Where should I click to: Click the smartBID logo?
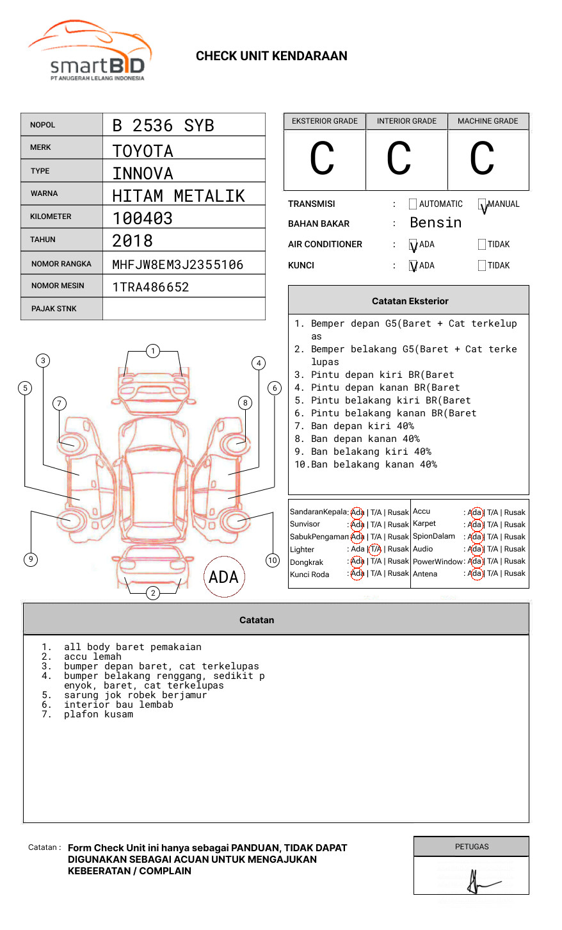90,51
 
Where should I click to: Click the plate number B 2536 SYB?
163,126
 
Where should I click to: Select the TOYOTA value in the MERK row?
143,151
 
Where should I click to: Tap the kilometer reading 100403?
142,218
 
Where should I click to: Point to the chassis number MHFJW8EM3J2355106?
177,265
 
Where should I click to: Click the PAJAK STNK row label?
54,309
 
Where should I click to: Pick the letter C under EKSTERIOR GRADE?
322,159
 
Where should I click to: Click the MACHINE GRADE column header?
488,121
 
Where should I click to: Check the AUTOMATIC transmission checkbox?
413,204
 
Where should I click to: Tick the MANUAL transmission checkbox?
482,204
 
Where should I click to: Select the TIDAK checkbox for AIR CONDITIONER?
482,244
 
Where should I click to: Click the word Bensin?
435,223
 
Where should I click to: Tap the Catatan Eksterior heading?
410,301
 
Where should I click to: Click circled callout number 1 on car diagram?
152,351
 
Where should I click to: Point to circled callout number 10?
273,560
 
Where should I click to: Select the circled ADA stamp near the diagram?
223,577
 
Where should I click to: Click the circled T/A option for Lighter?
376,549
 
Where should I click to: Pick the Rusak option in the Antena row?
515,574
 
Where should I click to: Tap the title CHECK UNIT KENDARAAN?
271,56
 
